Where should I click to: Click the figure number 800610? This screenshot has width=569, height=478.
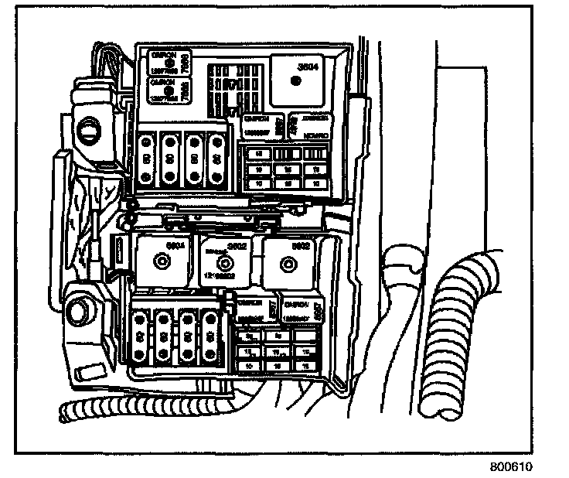[511, 468]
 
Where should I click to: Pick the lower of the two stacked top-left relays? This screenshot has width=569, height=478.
[165, 90]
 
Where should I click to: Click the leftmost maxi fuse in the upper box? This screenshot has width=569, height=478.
[147, 158]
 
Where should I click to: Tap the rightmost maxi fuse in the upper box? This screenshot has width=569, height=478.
[217, 158]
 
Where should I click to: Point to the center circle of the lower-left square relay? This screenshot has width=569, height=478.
[158, 261]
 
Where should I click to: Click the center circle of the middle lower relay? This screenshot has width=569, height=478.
[226, 263]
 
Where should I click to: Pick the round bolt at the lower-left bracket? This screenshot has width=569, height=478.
[78, 313]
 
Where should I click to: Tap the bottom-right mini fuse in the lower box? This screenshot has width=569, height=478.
[306, 364]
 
